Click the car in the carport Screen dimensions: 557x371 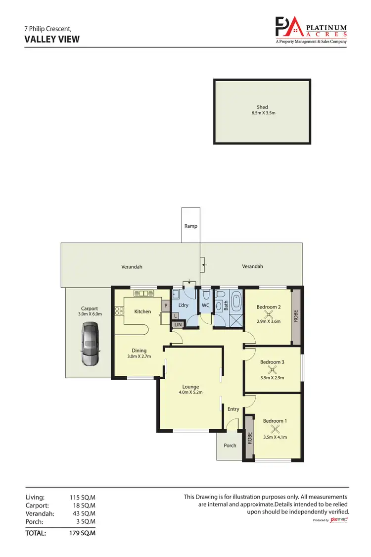(90, 343)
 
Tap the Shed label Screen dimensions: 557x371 (262, 107)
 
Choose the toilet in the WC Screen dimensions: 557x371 (206, 296)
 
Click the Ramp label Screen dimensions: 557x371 (191, 226)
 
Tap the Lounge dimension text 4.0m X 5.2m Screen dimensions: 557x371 (190, 393)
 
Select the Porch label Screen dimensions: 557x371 (230, 445)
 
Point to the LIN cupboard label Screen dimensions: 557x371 (178, 324)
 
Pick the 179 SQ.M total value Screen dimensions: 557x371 (83, 533)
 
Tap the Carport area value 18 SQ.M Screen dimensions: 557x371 (83, 506)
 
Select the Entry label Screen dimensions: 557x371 (233, 409)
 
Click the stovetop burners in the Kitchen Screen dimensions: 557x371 (119, 311)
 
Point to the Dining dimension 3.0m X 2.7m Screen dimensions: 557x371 (139, 356)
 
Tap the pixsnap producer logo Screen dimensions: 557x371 (339, 520)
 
